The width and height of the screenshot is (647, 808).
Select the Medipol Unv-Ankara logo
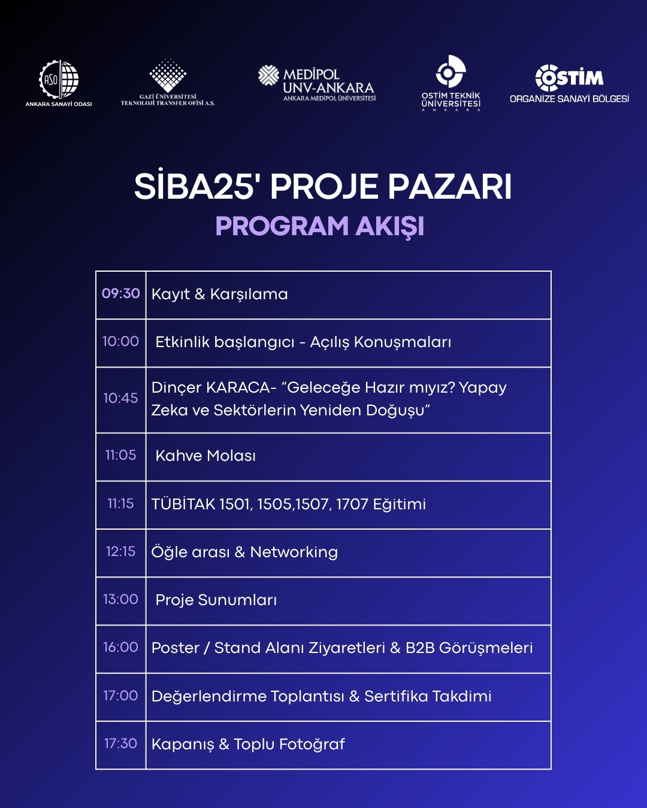click(x=318, y=83)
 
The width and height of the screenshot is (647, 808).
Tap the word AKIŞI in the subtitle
click(x=390, y=227)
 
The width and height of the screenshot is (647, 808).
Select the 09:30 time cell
click(x=120, y=294)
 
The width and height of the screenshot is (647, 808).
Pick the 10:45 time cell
click(x=120, y=399)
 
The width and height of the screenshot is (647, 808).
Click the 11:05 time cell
click(x=120, y=455)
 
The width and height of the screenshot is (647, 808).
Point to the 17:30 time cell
click(x=120, y=744)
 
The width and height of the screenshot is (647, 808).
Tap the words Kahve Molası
click(x=205, y=456)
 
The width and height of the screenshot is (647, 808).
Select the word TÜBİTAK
click(x=183, y=504)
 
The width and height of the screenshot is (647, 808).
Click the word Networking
click(x=294, y=552)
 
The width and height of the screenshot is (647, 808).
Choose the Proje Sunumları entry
click(x=216, y=600)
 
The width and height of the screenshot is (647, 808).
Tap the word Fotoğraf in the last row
click(x=312, y=745)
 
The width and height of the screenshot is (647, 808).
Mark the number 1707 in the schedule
click(x=352, y=505)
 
